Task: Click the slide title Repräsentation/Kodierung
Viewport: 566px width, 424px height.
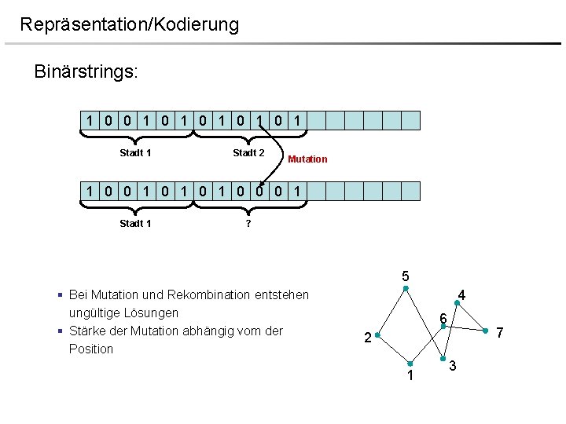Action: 129,24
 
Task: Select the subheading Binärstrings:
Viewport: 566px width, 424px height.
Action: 86,72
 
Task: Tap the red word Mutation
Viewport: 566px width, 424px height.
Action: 307,159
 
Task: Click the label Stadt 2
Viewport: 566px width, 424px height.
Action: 248,153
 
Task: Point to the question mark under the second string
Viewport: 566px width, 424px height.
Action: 248,224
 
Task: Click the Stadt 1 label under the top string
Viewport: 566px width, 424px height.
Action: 135,153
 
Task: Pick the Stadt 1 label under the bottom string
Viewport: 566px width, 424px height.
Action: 135,224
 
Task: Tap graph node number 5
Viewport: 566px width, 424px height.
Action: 405,277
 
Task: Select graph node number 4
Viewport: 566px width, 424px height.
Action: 462,296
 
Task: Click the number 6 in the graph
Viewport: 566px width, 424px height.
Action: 443,318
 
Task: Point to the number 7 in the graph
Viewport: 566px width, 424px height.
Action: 499,334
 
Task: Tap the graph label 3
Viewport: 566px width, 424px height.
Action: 453,367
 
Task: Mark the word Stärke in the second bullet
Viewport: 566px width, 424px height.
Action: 88,331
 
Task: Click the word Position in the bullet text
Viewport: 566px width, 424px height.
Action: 91,349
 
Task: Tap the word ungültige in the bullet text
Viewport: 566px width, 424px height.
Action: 94,313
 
